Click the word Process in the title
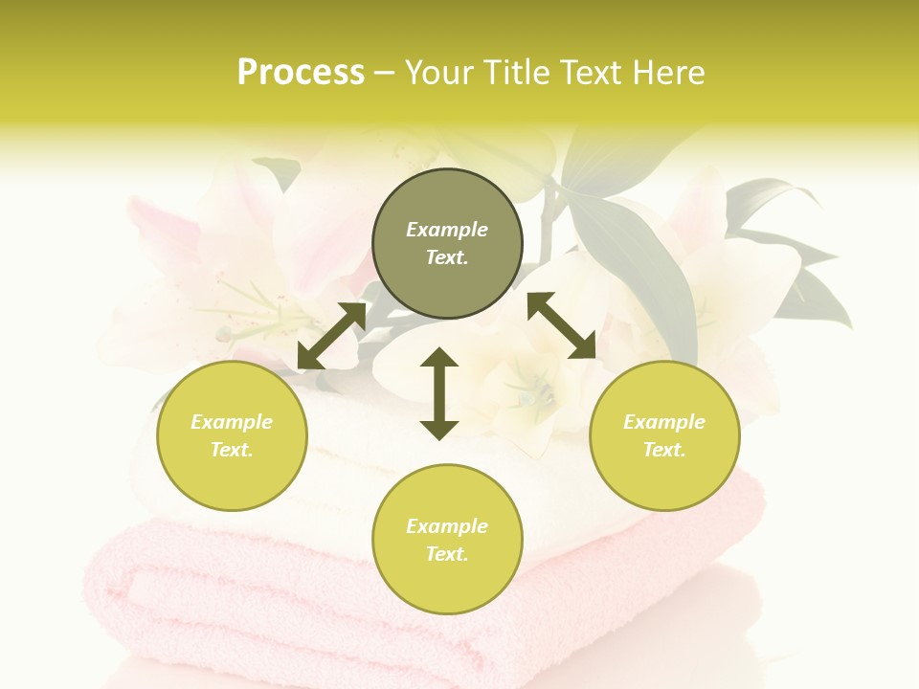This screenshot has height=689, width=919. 301,73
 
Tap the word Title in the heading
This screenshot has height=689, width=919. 512,73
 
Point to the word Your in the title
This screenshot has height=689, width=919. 437,73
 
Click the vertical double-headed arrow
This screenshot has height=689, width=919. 439,393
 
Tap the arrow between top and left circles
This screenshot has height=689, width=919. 332,335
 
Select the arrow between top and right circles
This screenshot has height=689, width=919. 561,325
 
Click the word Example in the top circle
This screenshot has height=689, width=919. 447,230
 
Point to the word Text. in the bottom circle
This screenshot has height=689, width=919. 447,554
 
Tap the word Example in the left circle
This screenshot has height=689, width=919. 232,422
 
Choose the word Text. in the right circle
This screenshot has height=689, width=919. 664,450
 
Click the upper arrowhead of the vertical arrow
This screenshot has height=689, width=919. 439,358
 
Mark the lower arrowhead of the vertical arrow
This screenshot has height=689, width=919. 439,430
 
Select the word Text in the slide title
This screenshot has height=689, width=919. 589,73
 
